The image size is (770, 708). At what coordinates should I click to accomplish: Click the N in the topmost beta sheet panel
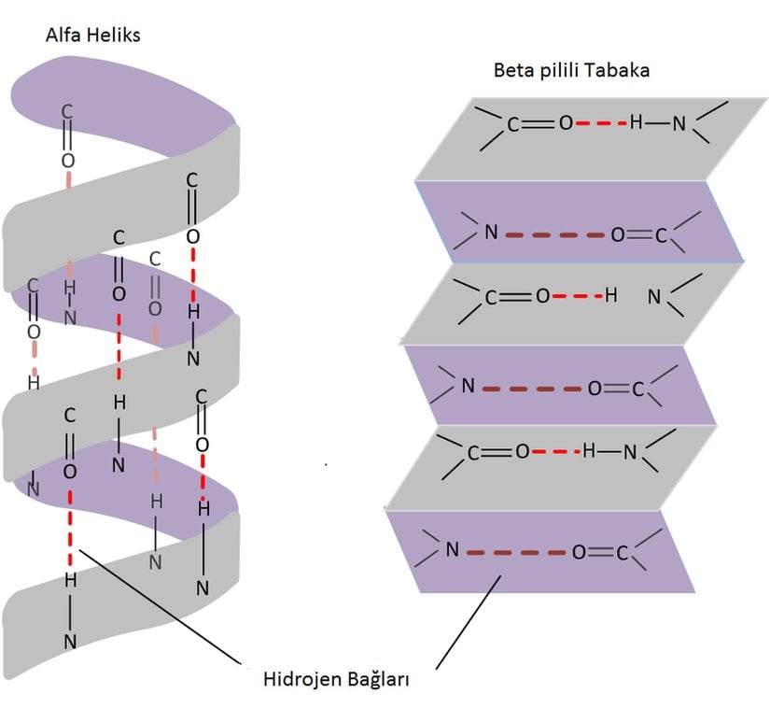680,123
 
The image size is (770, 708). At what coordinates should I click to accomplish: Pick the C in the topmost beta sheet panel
513,124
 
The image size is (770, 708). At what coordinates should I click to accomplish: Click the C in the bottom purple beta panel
623,553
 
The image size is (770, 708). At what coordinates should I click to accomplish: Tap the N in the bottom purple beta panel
452,551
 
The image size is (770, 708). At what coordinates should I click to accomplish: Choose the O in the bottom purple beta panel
579,553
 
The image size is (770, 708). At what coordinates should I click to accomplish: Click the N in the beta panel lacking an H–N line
654,297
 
